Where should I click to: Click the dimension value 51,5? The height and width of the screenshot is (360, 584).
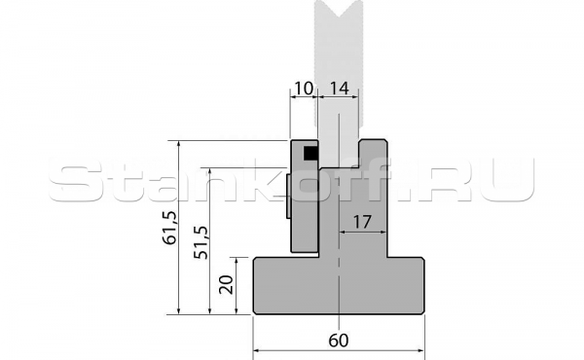201,242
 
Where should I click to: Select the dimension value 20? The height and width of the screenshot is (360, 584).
226,285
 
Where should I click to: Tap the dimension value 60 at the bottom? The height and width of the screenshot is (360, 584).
339,341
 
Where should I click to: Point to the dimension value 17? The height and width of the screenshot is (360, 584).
362,222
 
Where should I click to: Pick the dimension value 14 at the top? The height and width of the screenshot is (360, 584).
340,89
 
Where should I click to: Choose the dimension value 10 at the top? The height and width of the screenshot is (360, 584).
304,89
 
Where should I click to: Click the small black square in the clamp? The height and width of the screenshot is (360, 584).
310,154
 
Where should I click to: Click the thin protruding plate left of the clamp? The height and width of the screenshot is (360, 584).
288,197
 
